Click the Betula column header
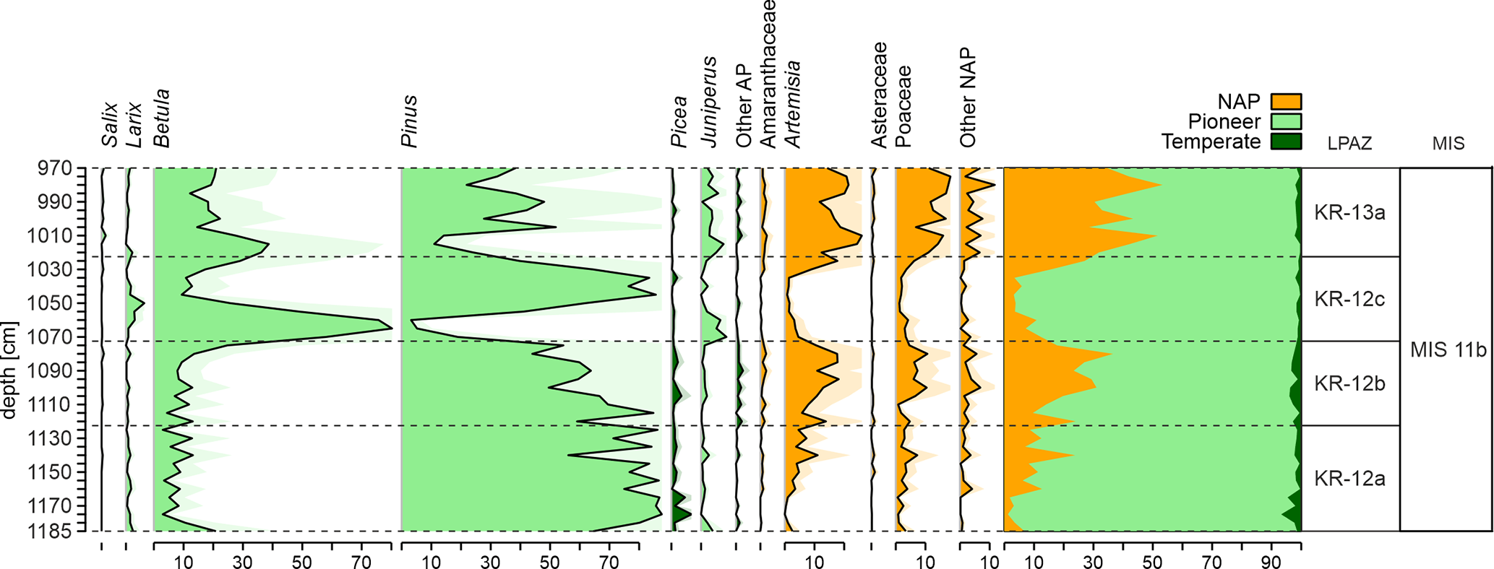[x=162, y=118]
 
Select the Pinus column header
[x=410, y=121]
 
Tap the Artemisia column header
[x=793, y=104]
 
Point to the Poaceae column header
[x=903, y=106]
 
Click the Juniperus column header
[x=710, y=102]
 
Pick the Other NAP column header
[x=968, y=98]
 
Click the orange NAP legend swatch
[x=1286, y=102]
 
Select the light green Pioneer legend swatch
[x=1286, y=121]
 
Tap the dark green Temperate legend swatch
[x=1286, y=142]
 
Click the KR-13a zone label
[x=1349, y=214]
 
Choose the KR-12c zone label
[x=1349, y=299]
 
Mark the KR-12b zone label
[x=1349, y=383]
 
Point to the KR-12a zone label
[x=1349, y=479]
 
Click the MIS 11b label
[x=1448, y=350]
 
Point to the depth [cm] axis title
[x=9, y=370]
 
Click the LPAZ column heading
[x=1349, y=144]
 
